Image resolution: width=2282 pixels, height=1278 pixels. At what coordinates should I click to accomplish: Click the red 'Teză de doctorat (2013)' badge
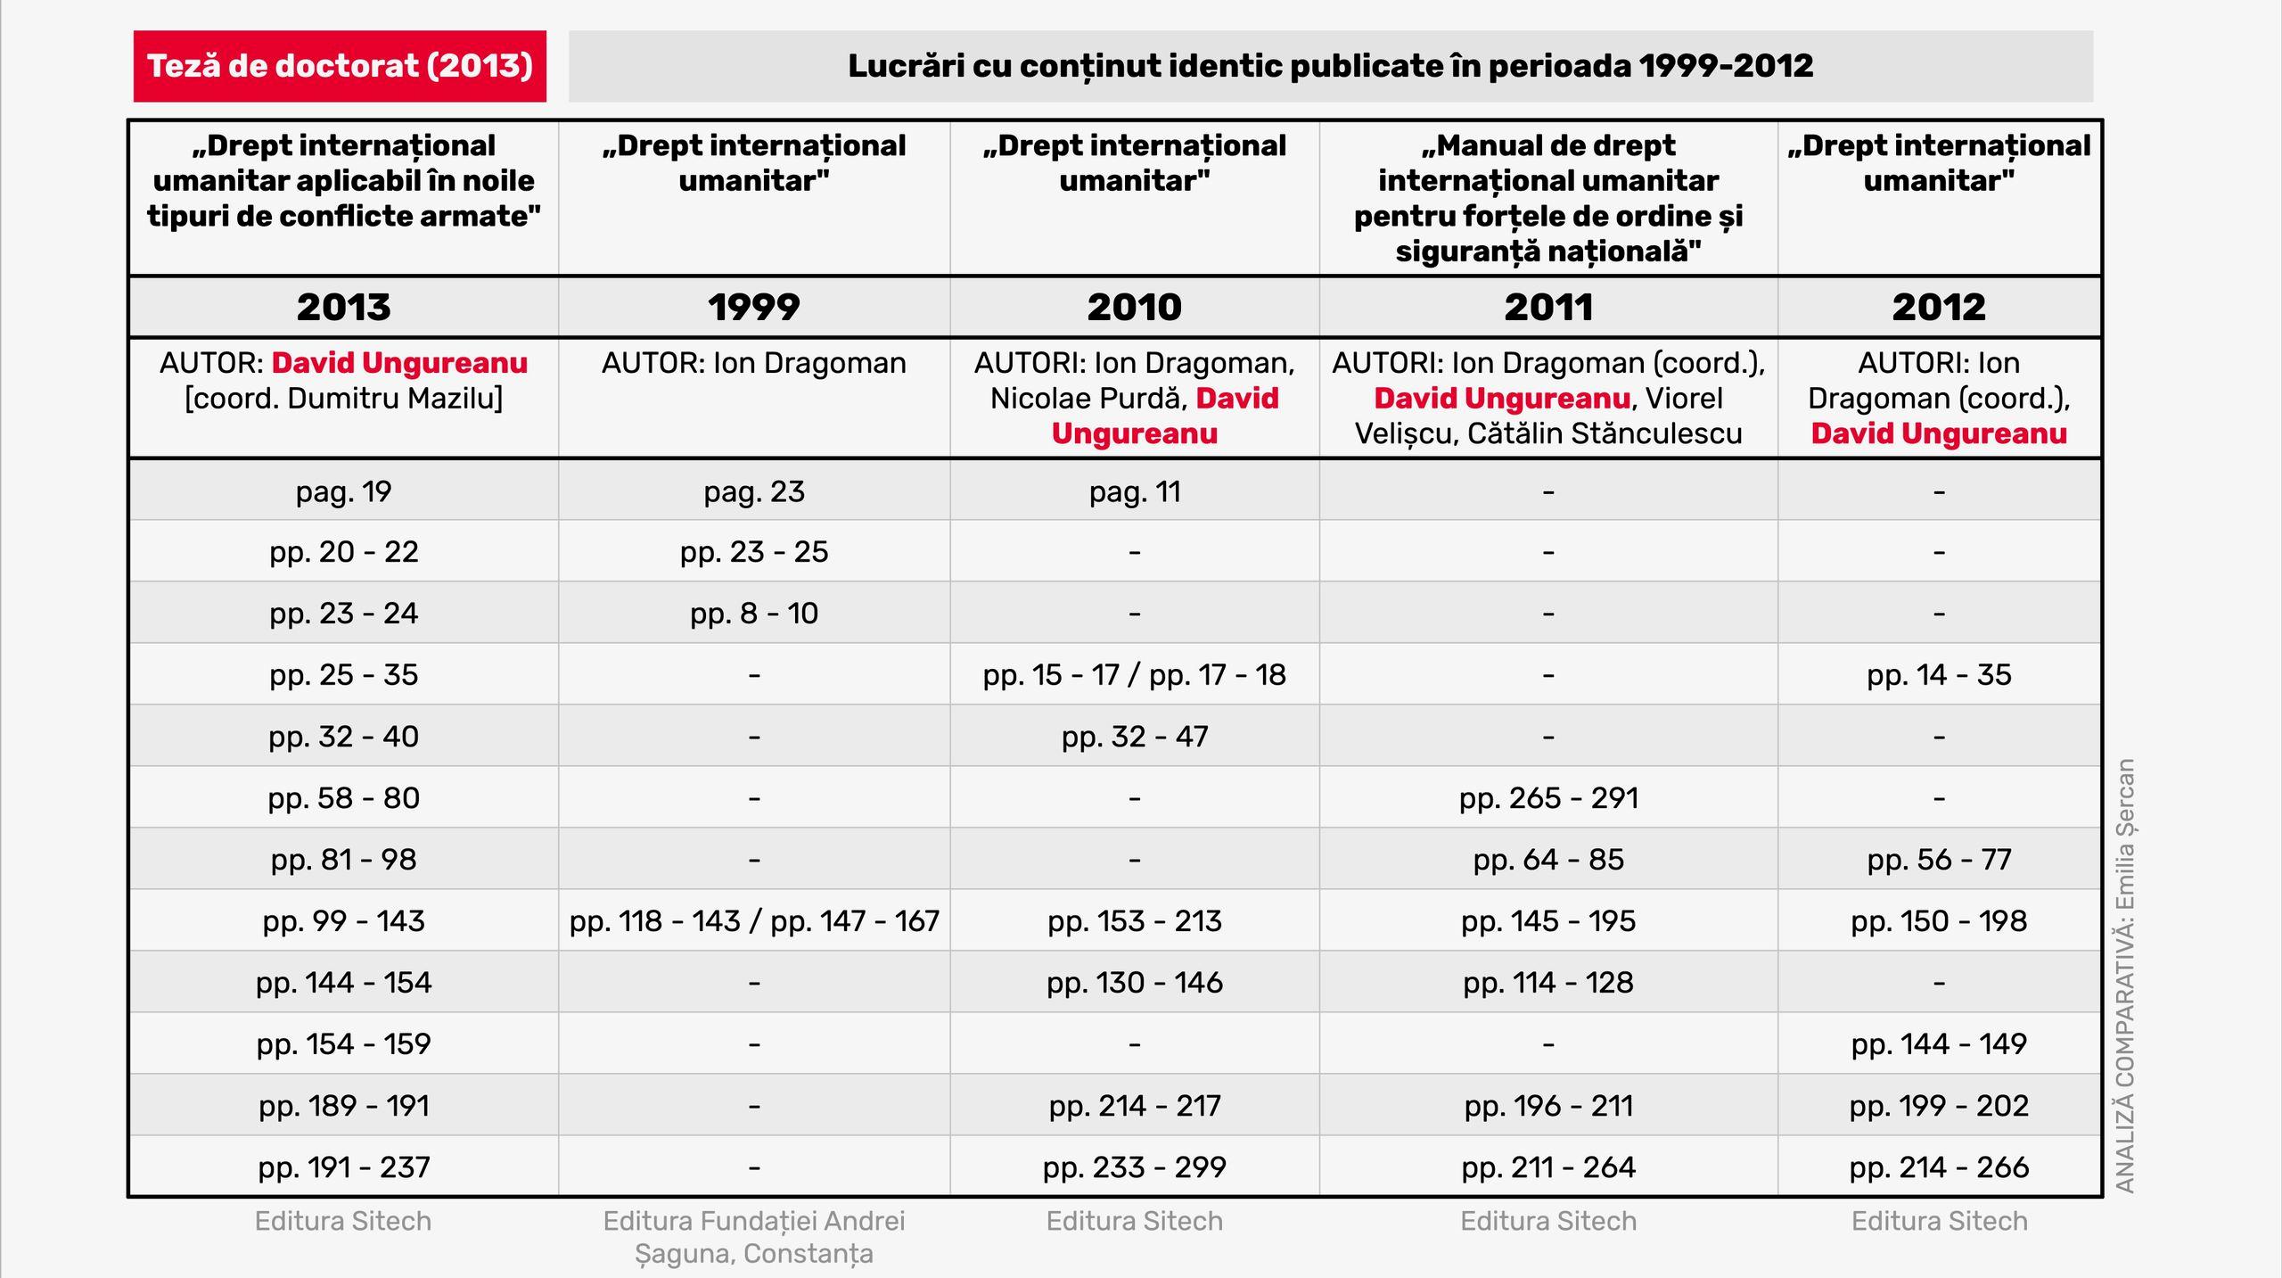(340, 66)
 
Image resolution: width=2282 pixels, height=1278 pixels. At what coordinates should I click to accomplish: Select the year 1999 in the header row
(753, 308)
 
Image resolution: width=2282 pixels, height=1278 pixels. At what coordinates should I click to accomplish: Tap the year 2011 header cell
(1548, 308)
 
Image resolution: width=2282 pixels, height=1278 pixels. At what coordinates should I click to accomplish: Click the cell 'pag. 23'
(753, 491)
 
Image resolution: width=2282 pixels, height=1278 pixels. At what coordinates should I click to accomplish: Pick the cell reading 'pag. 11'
(1134, 491)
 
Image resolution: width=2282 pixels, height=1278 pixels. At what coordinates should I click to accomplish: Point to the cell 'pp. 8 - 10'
(753, 614)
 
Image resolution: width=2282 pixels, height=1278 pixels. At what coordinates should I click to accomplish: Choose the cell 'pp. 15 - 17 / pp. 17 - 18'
(1134, 675)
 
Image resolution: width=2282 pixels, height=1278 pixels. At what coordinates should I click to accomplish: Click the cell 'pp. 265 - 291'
(1548, 798)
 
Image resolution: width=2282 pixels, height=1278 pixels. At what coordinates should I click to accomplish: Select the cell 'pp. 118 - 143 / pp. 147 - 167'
(754, 921)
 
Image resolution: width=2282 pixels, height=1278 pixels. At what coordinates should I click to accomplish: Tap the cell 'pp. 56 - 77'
(1939, 860)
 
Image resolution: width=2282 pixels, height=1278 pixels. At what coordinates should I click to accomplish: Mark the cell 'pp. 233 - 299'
(1134, 1167)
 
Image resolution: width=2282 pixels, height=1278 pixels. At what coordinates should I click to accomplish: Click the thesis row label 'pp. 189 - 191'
(344, 1106)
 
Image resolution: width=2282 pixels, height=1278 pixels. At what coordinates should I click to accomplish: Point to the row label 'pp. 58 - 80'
(344, 798)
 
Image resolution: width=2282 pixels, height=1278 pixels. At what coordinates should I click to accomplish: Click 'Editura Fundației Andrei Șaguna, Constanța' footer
(753, 1237)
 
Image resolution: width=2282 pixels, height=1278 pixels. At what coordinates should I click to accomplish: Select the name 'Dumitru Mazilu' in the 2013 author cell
(392, 399)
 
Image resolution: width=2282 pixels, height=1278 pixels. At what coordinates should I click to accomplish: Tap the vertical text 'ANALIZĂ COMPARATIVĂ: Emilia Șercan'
(2125, 976)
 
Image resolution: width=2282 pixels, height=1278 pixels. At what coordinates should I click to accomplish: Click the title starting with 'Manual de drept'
(1548, 198)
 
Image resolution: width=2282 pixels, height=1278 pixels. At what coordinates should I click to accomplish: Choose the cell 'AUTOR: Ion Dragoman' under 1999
(753, 363)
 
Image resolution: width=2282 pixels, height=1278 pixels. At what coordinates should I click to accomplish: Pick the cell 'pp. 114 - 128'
(1548, 983)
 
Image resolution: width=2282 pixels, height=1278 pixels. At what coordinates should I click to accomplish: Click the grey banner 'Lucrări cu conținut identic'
(1330, 66)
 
